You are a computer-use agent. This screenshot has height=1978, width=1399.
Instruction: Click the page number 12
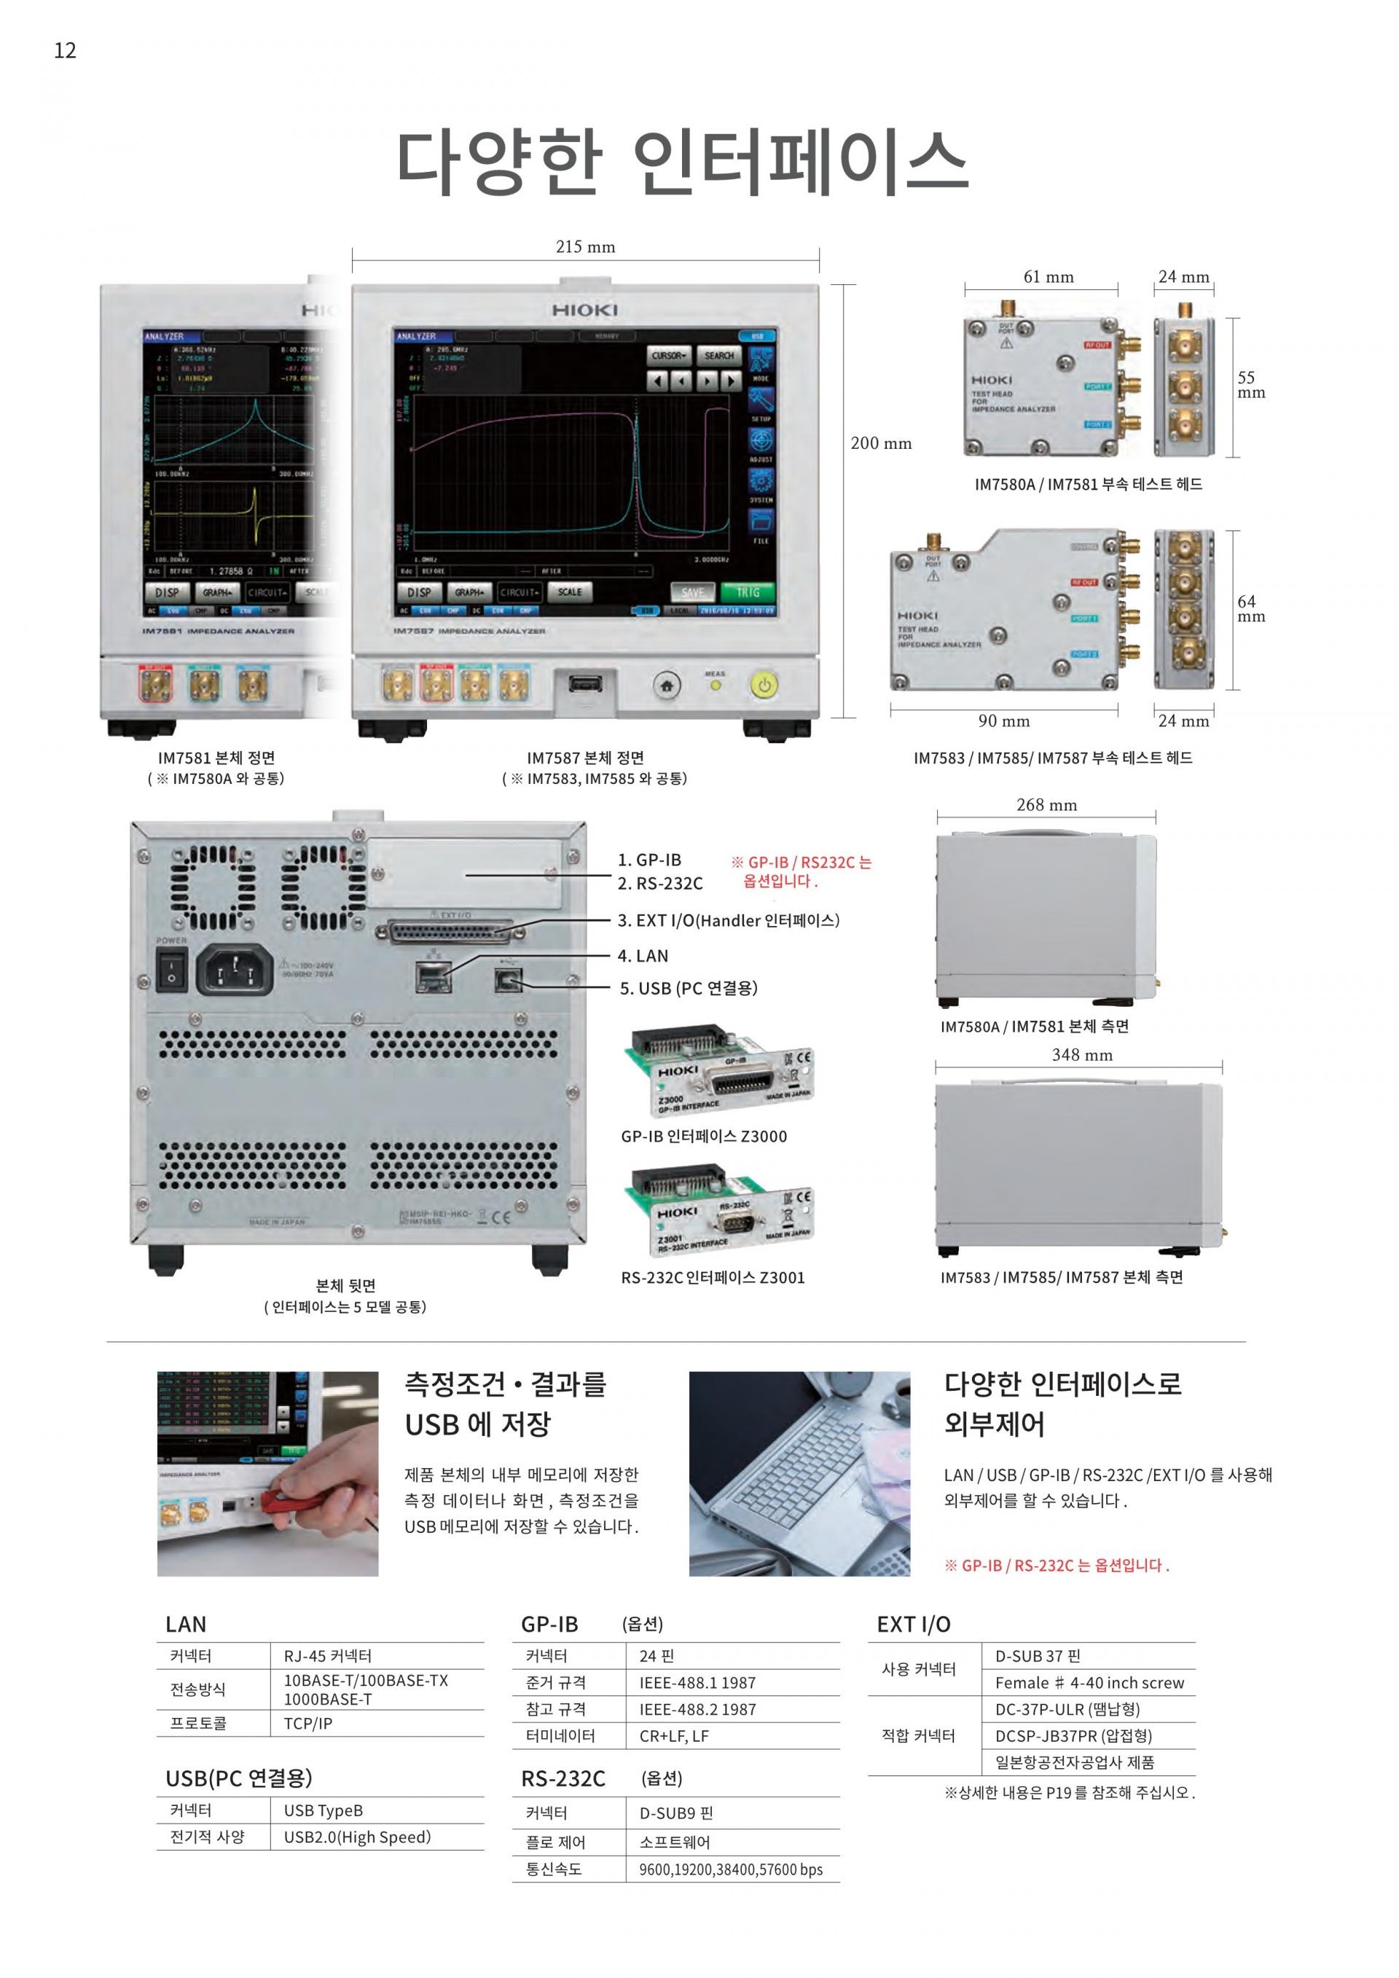(65, 51)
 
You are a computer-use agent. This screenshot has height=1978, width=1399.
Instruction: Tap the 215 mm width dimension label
(585, 247)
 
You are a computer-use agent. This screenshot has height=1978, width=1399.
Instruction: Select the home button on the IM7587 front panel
(666, 686)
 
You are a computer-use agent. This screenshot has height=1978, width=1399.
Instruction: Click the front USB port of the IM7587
(586, 685)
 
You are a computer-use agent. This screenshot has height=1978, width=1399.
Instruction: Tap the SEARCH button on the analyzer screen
(718, 355)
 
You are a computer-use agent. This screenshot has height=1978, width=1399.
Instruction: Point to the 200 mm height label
(880, 444)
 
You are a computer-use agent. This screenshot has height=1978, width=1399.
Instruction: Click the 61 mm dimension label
(1049, 278)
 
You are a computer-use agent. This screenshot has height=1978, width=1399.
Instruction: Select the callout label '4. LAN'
(643, 955)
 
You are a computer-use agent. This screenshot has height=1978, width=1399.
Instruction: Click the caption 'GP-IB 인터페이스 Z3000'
(704, 1137)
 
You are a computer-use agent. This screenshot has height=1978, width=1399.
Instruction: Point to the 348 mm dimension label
(1081, 1056)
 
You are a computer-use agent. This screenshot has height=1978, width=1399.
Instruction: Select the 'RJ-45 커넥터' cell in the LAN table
(327, 1656)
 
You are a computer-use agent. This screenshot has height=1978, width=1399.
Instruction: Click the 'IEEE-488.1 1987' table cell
(697, 1682)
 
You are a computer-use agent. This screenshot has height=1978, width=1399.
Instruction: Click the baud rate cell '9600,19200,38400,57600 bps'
(731, 1869)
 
